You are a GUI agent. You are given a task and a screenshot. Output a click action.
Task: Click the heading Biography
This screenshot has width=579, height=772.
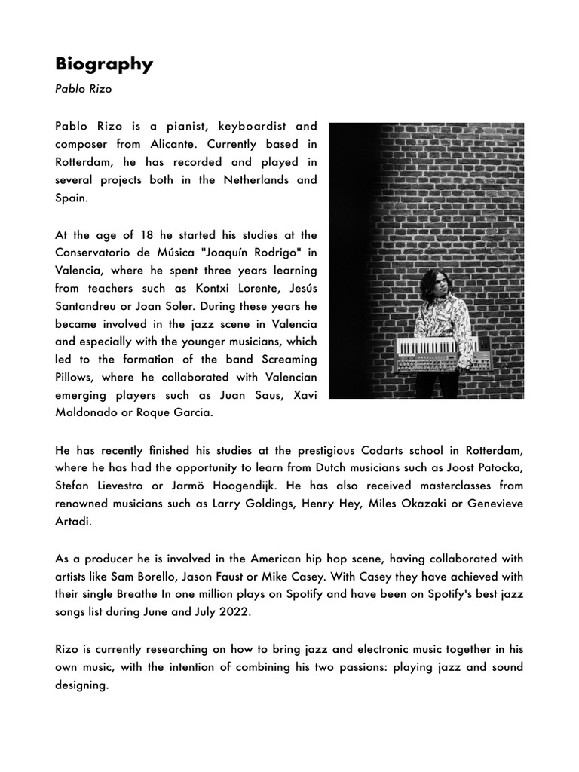click(104, 64)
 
